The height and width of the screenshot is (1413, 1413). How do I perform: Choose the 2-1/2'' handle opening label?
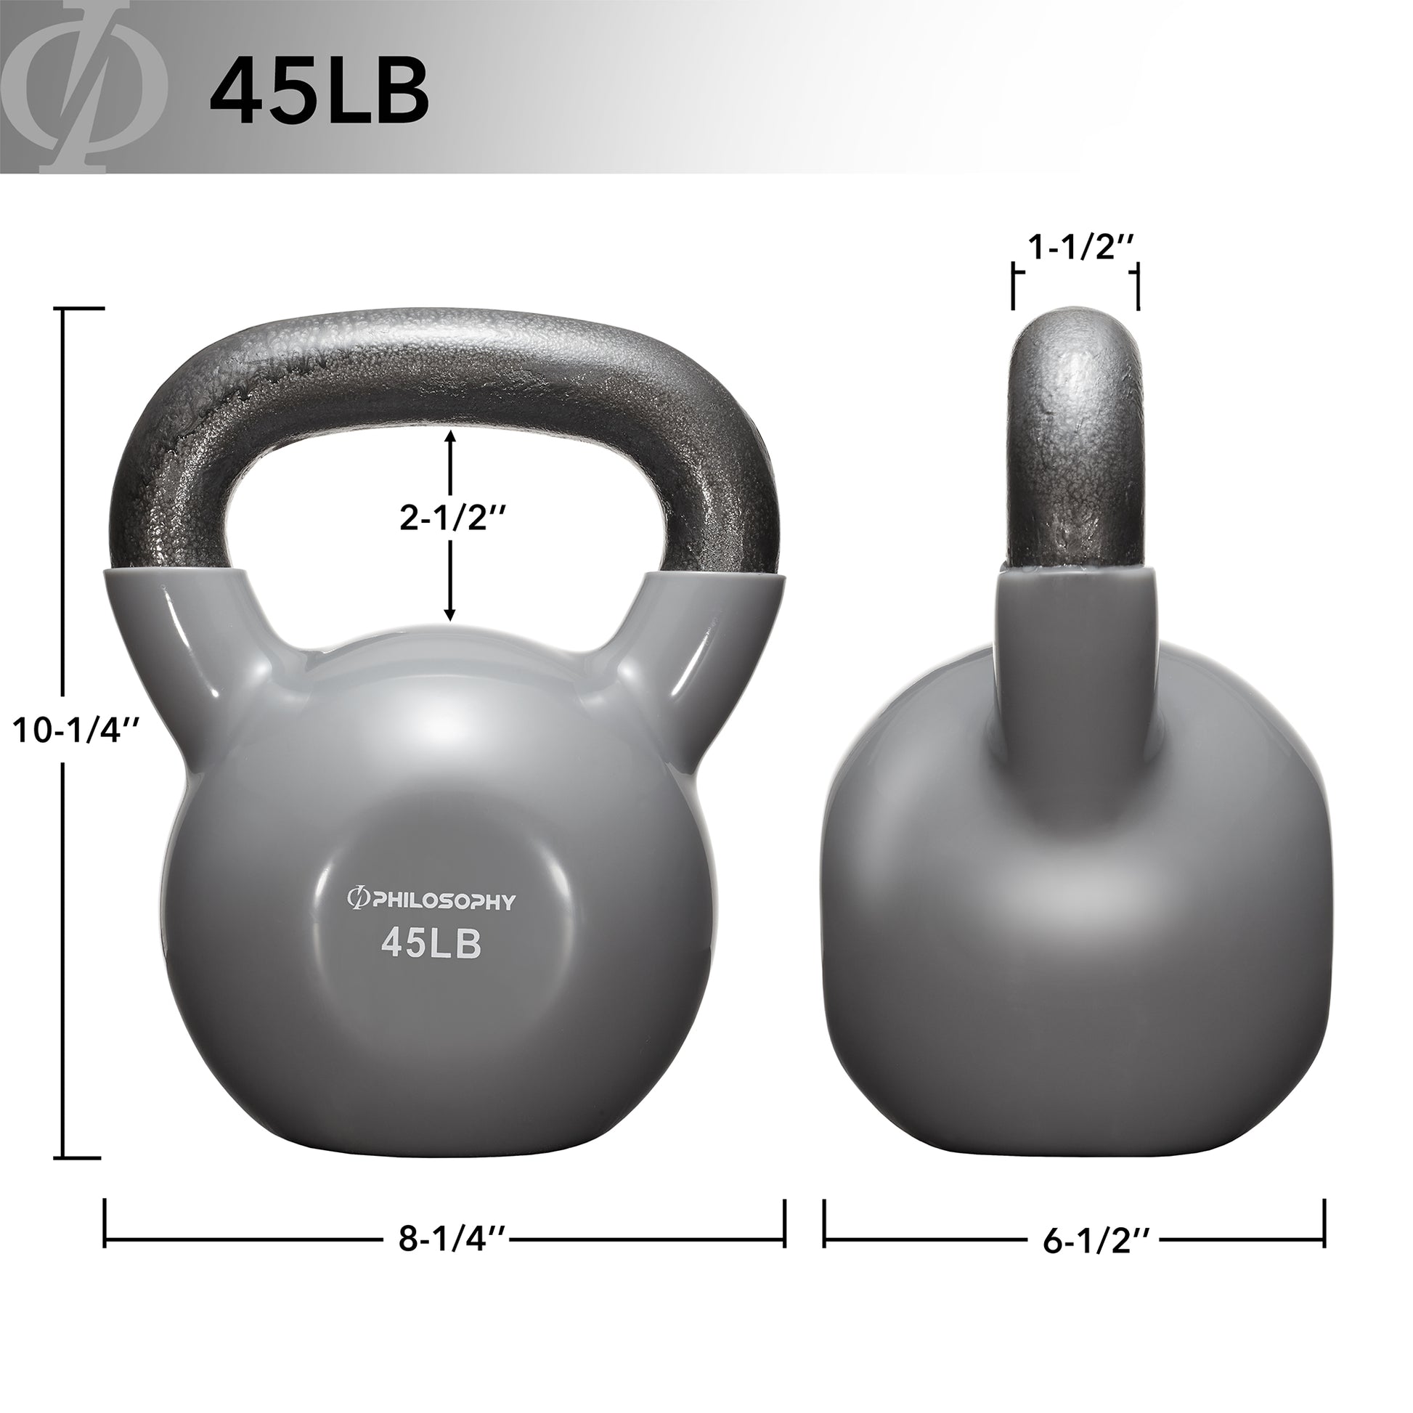pyautogui.click(x=452, y=518)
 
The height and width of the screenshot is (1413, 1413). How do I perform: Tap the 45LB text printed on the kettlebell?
pyautogui.click(x=431, y=945)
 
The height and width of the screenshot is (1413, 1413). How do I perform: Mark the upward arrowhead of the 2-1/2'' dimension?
pyautogui.click(x=450, y=436)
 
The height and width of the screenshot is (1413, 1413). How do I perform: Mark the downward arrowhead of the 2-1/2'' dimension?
pyautogui.click(x=450, y=614)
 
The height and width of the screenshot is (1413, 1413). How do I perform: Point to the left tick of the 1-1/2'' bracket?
pyautogui.click(x=1014, y=288)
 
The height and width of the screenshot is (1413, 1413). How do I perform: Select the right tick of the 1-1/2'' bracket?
pyautogui.click(x=1137, y=288)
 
